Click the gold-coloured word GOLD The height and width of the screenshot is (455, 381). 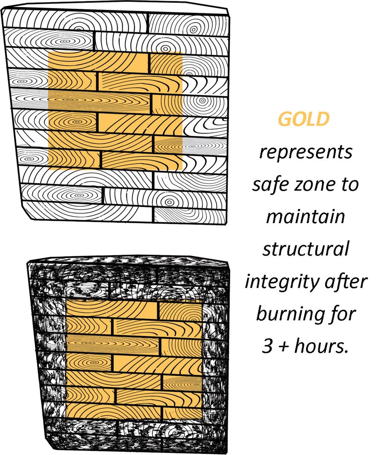click(303, 120)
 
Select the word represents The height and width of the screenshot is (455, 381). click(305, 153)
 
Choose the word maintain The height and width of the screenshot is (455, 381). click(305, 217)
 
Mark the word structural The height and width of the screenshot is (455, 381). click(305, 250)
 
